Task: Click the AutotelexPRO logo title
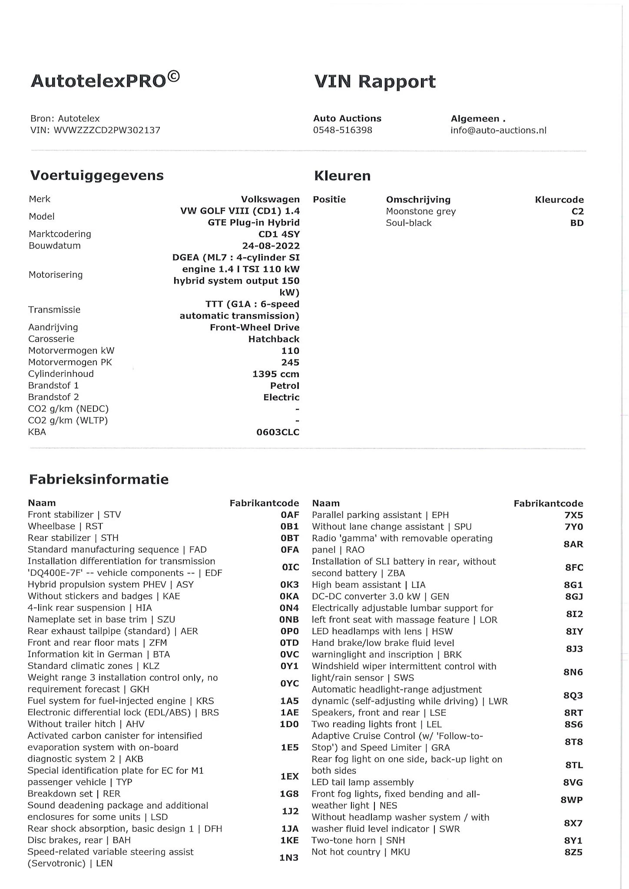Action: (x=105, y=81)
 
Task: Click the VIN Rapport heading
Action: (x=374, y=82)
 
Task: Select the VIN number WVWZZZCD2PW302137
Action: (x=107, y=130)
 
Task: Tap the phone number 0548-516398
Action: (x=342, y=130)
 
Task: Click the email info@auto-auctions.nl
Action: (x=498, y=130)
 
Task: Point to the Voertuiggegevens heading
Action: (x=97, y=176)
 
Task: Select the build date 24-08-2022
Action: (x=271, y=246)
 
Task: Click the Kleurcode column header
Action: (x=559, y=200)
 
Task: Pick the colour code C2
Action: (x=577, y=211)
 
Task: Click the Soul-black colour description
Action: (x=408, y=223)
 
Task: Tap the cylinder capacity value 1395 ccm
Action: (x=275, y=374)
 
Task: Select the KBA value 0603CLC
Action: (x=278, y=432)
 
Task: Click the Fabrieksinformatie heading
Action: (x=99, y=480)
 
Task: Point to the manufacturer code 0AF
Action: (x=289, y=515)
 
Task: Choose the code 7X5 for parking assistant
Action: (x=573, y=515)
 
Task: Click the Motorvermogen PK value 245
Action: (x=290, y=362)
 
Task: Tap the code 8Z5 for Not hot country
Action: (x=573, y=852)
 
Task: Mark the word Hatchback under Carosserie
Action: (x=274, y=339)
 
